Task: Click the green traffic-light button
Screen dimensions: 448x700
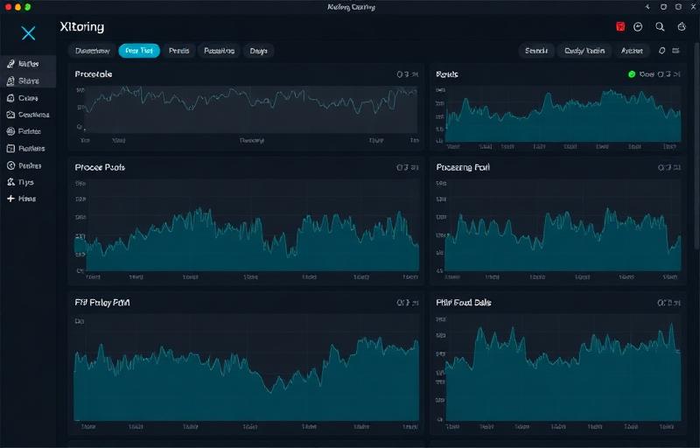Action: [27, 6]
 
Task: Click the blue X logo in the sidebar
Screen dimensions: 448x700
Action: [29, 33]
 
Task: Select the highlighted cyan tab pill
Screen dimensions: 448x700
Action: [139, 51]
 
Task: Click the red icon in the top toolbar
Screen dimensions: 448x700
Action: [620, 27]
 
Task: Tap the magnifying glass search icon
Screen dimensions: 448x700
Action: [661, 27]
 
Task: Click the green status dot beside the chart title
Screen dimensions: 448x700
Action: [632, 74]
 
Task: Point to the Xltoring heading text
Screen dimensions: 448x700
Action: [82, 28]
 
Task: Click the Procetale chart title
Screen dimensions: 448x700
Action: [94, 74]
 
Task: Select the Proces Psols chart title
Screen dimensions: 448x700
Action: [100, 166]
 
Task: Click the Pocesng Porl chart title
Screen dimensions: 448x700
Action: [463, 166]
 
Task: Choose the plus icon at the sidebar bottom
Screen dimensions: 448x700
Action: [10, 199]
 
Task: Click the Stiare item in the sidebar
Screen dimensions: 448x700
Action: [28, 80]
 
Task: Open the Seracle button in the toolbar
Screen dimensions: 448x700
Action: [535, 51]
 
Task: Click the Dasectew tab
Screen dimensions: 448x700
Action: [92, 51]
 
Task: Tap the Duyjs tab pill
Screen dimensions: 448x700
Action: [258, 51]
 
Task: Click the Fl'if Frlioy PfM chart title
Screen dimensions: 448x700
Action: [102, 302]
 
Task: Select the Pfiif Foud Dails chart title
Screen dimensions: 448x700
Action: [464, 302]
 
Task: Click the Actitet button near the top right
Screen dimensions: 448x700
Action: [631, 51]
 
